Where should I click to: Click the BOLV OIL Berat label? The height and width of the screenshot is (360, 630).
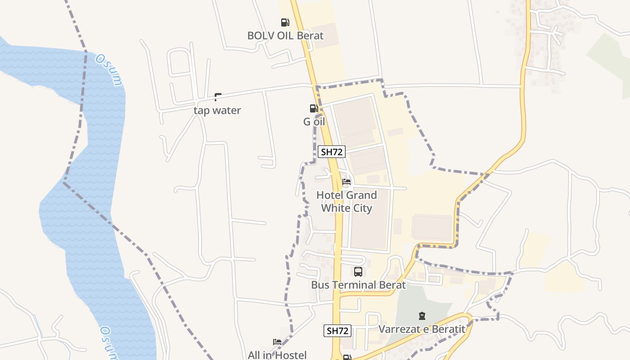click(x=285, y=35)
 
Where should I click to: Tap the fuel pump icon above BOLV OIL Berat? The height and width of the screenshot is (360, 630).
click(x=285, y=22)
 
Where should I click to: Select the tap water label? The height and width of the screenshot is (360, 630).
click(x=217, y=110)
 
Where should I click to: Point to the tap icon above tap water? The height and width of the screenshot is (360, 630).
click(x=218, y=97)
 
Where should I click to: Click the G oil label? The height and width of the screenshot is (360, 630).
click(x=314, y=121)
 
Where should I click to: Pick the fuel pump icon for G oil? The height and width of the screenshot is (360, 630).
click(x=314, y=108)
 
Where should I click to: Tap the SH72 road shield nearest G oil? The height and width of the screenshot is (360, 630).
click(x=332, y=152)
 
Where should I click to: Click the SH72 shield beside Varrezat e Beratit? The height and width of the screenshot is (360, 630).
click(x=337, y=331)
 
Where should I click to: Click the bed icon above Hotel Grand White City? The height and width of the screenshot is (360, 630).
click(x=346, y=182)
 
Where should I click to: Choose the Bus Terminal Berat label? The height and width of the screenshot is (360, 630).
click(x=358, y=285)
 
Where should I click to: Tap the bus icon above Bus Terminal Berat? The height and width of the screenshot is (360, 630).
click(x=358, y=272)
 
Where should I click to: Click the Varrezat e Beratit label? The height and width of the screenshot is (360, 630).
click(x=422, y=329)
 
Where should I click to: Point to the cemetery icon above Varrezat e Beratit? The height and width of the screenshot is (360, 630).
click(x=422, y=316)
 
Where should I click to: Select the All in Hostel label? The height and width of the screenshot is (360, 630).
click(x=277, y=355)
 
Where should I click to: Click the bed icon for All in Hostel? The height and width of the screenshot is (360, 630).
click(x=277, y=342)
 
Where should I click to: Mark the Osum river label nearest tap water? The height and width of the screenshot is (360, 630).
click(x=109, y=70)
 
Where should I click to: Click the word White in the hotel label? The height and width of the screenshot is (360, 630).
click(x=334, y=208)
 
